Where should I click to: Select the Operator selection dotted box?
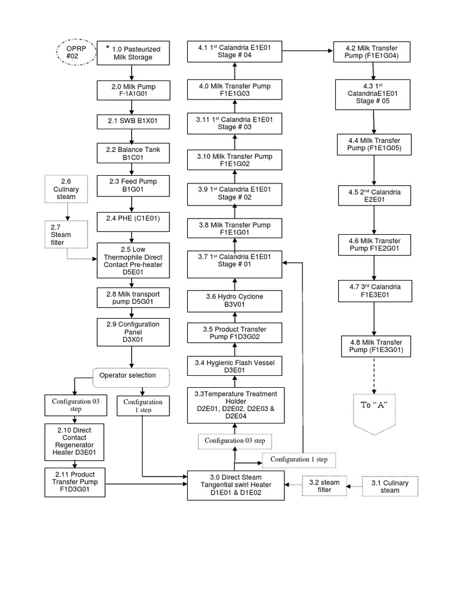pos(131,377)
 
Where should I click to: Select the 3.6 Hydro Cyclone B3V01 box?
pos(234,299)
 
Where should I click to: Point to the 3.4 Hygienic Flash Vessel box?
pos(234,366)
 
